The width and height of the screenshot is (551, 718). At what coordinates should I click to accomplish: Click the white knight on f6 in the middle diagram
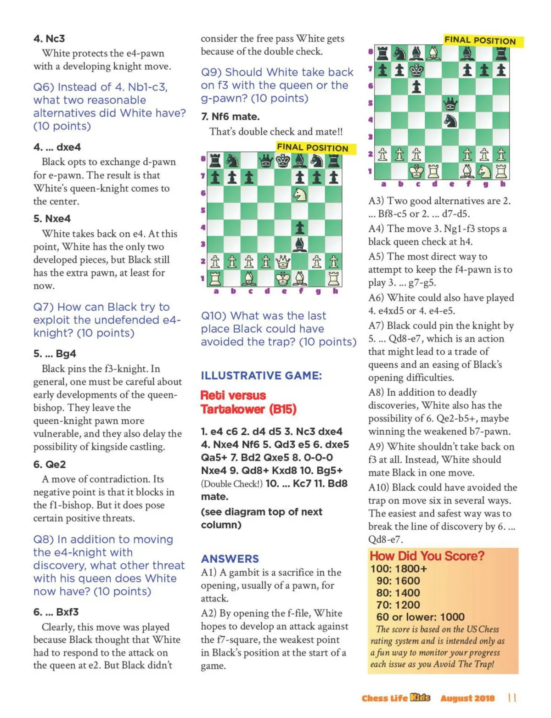[x=300, y=195]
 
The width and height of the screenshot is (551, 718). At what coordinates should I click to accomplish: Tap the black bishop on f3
[x=300, y=245]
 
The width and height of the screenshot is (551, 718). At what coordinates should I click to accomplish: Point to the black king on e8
[x=283, y=161]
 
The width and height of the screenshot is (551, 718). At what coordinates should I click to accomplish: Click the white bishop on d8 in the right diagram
[x=434, y=54]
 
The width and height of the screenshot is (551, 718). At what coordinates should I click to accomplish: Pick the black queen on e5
[x=450, y=104]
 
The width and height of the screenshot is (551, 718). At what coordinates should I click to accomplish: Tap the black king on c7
[x=417, y=70]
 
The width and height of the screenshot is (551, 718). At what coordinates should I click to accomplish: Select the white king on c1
[x=417, y=171]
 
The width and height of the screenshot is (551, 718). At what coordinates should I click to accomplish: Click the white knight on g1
[x=484, y=171]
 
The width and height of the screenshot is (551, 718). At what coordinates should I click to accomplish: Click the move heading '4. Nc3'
[x=49, y=39]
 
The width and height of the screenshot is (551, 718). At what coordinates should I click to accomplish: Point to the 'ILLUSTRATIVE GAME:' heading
[x=261, y=376]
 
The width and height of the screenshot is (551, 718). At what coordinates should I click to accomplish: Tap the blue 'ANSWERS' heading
[x=230, y=559]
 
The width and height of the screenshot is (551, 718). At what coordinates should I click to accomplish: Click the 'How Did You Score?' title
[x=427, y=556]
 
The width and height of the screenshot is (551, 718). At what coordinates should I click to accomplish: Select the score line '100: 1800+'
[x=399, y=569]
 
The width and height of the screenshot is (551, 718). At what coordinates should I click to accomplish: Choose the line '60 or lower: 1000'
[x=420, y=617]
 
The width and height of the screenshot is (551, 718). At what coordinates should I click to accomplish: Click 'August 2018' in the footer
[x=467, y=698]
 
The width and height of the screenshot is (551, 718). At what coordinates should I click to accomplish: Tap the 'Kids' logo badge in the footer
[x=420, y=697]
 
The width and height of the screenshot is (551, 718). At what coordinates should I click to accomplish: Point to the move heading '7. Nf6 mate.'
[x=230, y=117]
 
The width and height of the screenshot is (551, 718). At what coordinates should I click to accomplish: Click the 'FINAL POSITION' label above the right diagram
[x=480, y=40]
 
